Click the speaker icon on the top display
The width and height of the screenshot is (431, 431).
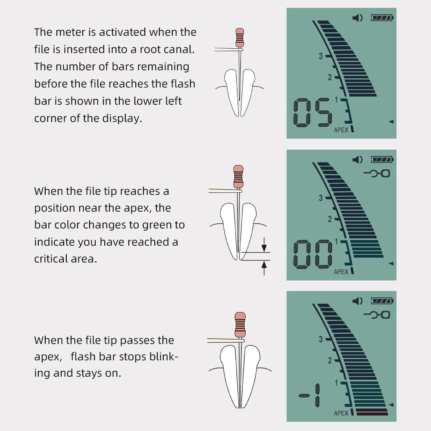[x=357, y=18]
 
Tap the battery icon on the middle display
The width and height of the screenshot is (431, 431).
[x=382, y=159]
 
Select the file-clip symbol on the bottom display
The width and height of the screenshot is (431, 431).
[x=377, y=315]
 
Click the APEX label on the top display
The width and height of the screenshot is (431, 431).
[x=341, y=130]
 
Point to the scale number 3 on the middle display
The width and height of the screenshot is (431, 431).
[x=321, y=198]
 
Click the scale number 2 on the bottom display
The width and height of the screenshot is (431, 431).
[x=330, y=360]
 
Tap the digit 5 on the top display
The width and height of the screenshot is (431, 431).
[x=323, y=112]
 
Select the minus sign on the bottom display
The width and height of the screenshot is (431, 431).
[x=304, y=396]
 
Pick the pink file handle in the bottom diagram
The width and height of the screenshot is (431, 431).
[x=240, y=325]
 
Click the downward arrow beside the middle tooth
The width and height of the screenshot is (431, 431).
[x=264, y=245]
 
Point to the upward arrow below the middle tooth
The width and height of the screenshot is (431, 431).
[x=264, y=268]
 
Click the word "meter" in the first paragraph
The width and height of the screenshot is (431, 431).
[x=70, y=32]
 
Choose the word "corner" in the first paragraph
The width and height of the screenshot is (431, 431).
[x=50, y=119]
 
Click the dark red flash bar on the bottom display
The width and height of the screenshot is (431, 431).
[x=372, y=412]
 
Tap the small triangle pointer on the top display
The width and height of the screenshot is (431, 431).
[x=391, y=122]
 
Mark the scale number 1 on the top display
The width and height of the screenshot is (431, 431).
[x=336, y=100]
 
